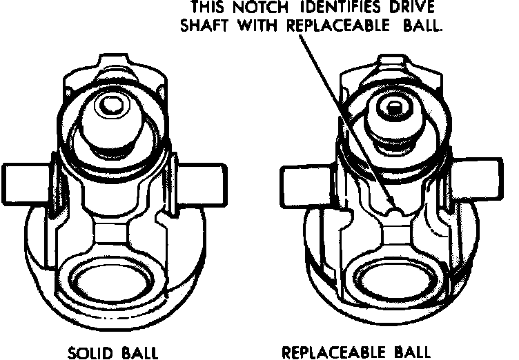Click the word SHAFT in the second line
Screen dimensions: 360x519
tap(204, 27)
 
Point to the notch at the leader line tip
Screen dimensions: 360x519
tap(393, 208)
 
